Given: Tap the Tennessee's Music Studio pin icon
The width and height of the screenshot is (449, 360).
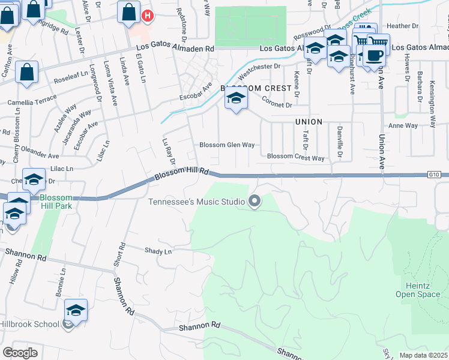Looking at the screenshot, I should click(255, 201).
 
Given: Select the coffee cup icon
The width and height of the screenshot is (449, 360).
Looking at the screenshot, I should click(375, 56).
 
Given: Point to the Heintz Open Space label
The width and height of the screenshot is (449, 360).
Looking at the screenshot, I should click(417, 290).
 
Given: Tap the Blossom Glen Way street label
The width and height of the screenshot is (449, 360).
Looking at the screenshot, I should click(227, 145).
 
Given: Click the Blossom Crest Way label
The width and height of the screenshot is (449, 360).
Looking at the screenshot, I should click(295, 158).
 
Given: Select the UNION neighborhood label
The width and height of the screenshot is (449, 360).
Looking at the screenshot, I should click(309, 122).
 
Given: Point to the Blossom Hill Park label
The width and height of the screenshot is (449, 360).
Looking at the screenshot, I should click(56, 201).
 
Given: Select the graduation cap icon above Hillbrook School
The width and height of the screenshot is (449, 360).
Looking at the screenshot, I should click(76, 311).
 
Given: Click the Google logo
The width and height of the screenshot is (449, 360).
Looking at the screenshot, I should click(20, 353).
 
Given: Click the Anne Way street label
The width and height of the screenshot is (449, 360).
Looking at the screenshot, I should click(403, 125).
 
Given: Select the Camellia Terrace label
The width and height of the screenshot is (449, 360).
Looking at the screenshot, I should click(32, 103).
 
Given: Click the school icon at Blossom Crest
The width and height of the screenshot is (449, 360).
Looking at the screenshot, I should click(236, 98).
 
